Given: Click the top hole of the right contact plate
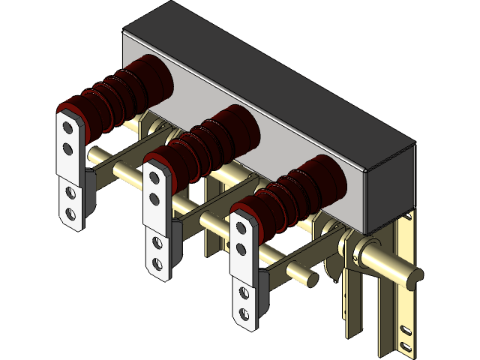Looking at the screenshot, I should [x=241, y=226].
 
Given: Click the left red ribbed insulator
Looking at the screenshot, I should [x=120, y=97].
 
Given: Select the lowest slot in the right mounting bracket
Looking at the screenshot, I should [x=406, y=346].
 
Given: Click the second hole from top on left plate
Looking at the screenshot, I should [x=68, y=149].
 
